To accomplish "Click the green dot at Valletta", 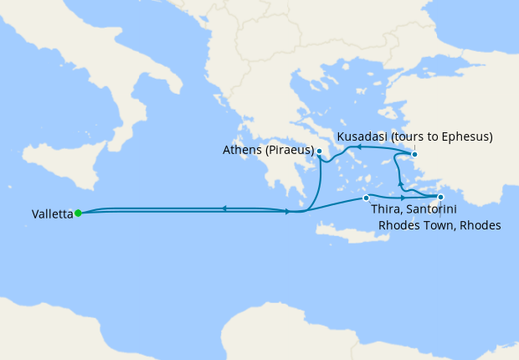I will (78, 213).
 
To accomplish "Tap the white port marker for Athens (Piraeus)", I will (320, 151).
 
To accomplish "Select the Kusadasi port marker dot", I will (414, 154).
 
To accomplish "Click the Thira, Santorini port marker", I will (366, 198).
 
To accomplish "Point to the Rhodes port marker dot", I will (440, 198).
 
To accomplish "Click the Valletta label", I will (52, 213).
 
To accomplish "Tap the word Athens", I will (242, 151).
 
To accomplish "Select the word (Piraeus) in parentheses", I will (289, 151).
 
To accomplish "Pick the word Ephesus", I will (464, 136).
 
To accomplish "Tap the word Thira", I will (386, 211).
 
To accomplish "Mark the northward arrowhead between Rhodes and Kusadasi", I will (399, 183).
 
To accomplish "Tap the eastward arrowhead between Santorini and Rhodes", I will (403, 198).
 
